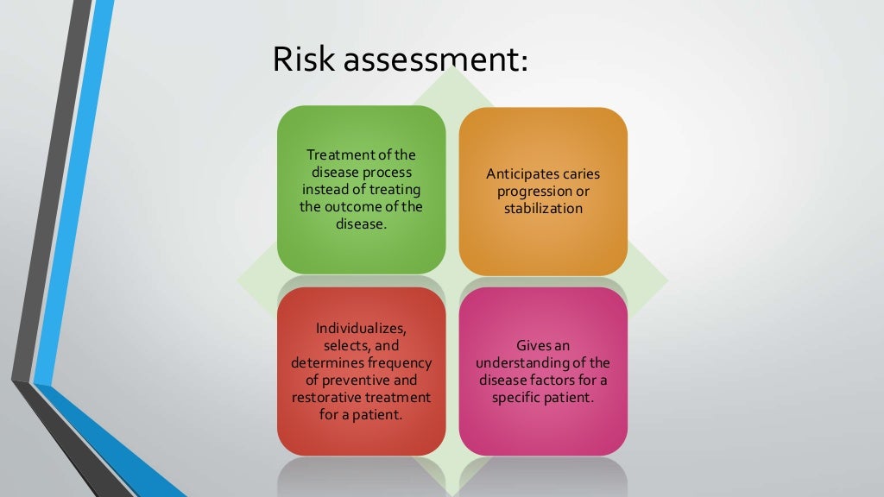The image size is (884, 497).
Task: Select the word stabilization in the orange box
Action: pyautogui.click(x=543, y=209)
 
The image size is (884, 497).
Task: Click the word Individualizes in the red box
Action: pyautogui.click(x=361, y=329)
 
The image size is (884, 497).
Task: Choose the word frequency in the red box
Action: pyautogui.click(x=400, y=363)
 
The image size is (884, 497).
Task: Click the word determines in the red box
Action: pyautogui.click(x=328, y=363)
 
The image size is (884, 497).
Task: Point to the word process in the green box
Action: pyautogui.click(x=387, y=173)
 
